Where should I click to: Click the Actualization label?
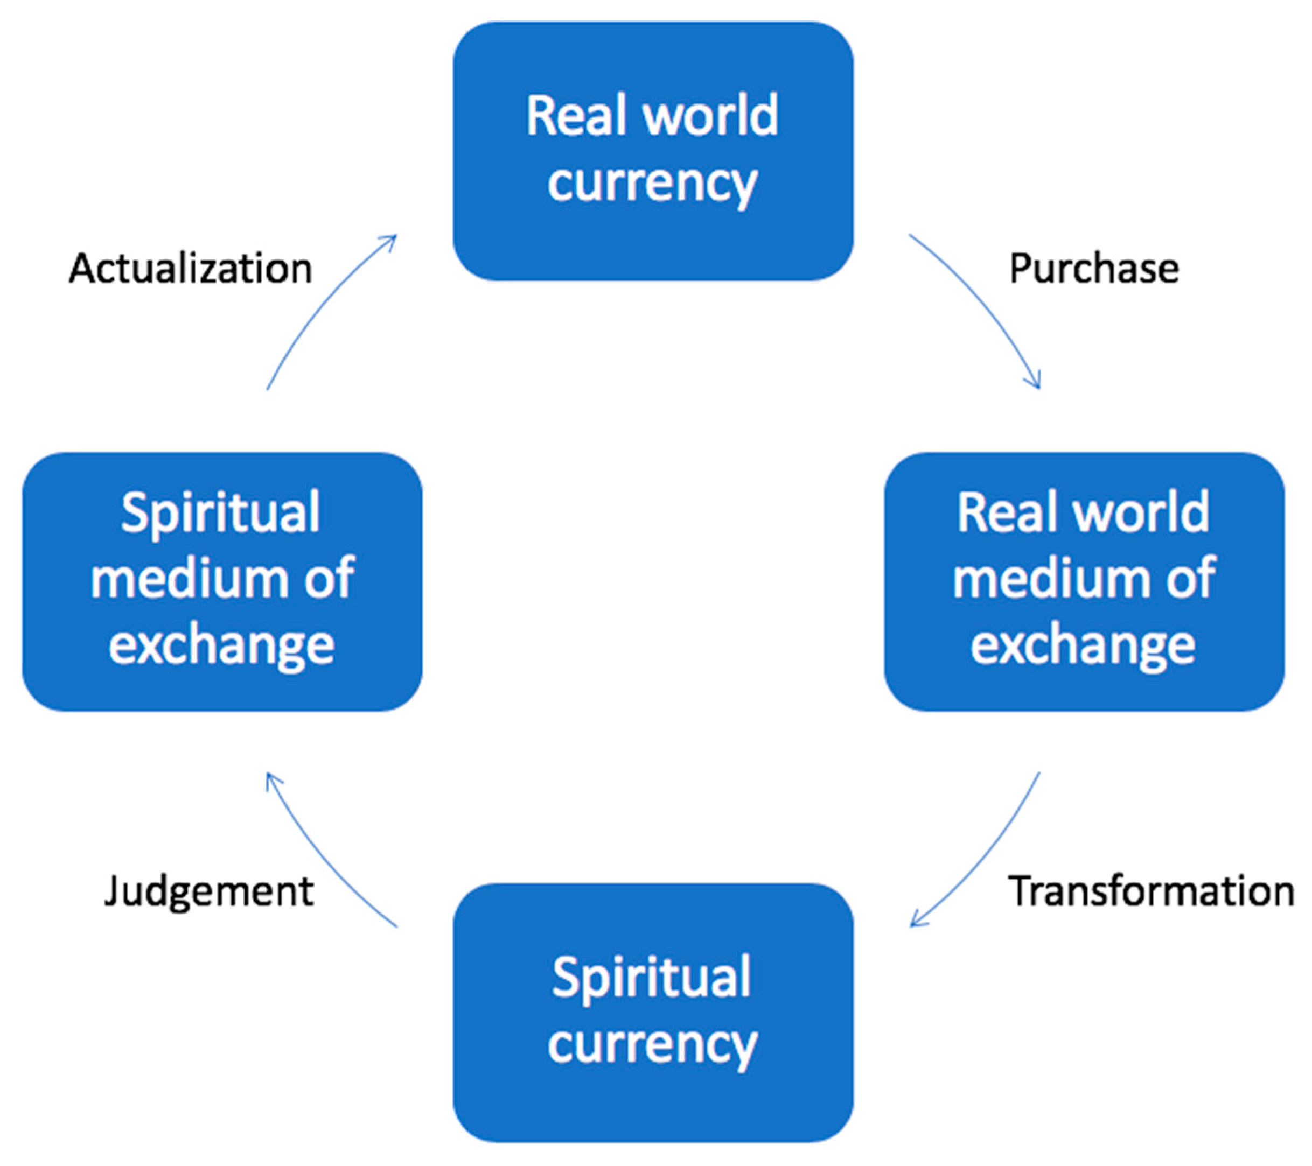(191, 268)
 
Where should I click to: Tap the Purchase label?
(1094, 268)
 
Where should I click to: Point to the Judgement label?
(208, 891)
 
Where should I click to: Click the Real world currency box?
(653, 151)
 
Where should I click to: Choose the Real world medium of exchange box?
(1084, 582)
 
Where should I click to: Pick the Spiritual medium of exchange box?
(222, 582)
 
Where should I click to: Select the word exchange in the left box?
(221, 645)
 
